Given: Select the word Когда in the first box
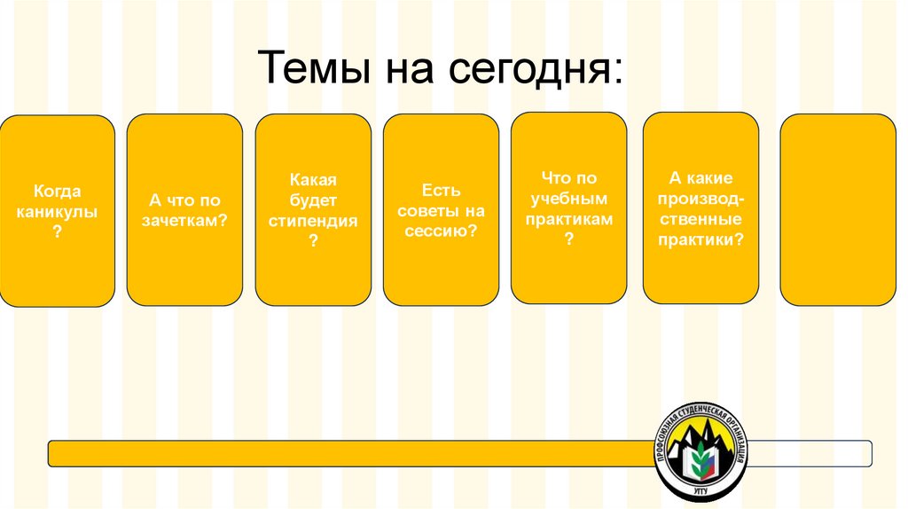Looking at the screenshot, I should point(58,191).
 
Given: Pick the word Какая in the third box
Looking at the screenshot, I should point(313,180).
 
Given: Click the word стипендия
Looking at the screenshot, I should point(313,221).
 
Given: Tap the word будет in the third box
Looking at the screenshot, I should point(313,200).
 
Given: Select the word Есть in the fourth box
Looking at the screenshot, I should point(441,191).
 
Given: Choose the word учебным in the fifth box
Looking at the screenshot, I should point(568,199).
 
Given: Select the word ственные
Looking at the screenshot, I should point(701,219).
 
